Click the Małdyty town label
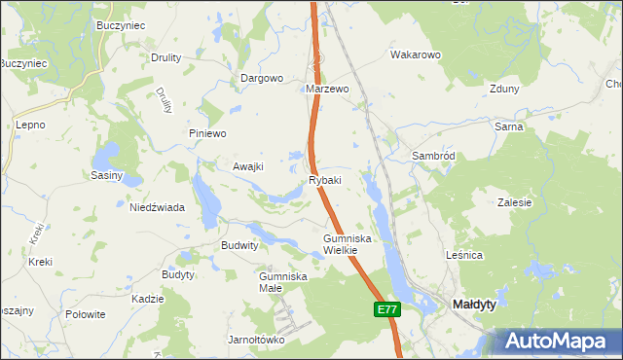click(476, 305)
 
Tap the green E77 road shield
click(386, 309)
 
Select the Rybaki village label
click(325, 180)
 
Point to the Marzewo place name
click(327, 89)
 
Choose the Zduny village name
click(505, 89)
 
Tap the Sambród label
click(433, 156)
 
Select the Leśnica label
click(491, 255)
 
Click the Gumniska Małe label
click(283, 281)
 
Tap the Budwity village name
click(240, 246)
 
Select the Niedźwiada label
click(158, 206)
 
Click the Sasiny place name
click(106, 175)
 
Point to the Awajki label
click(248, 166)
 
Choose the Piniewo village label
click(207, 133)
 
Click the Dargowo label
click(261, 78)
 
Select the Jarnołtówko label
click(255, 340)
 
